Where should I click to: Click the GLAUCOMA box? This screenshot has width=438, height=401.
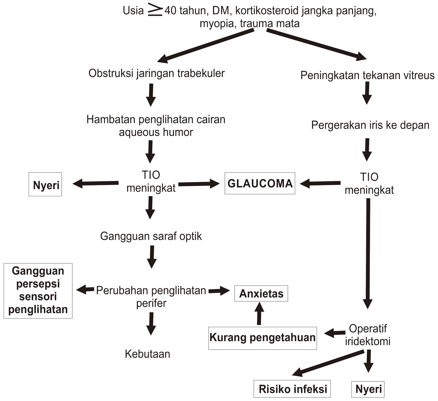tap(260, 183)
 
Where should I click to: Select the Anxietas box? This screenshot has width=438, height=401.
tap(261, 293)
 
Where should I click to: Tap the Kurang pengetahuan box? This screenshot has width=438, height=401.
tap(262, 338)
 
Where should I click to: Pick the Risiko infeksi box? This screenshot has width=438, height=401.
tap(292, 389)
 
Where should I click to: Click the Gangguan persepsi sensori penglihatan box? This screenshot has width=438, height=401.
tap(38, 290)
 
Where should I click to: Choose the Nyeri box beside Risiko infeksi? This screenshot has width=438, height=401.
tap(368, 389)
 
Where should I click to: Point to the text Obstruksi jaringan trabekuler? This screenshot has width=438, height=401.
tap(156, 73)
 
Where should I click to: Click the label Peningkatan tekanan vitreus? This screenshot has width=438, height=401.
tap(367, 75)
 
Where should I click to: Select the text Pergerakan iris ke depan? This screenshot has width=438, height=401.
tap(370, 125)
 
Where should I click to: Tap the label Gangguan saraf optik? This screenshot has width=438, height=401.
tap(151, 236)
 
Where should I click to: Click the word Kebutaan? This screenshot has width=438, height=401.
tap(148, 354)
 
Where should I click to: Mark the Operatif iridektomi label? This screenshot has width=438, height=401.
tap(368, 335)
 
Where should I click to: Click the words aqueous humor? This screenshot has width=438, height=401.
tap(156, 132)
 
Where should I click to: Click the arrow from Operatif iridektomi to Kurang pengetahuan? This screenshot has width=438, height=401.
tap(335, 333)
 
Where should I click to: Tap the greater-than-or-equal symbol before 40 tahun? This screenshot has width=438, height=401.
tap(155, 11)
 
